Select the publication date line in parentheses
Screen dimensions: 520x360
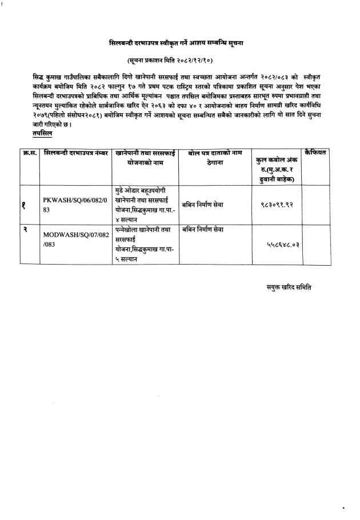click(x=179, y=60)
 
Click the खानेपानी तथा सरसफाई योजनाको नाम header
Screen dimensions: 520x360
click(x=145, y=158)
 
